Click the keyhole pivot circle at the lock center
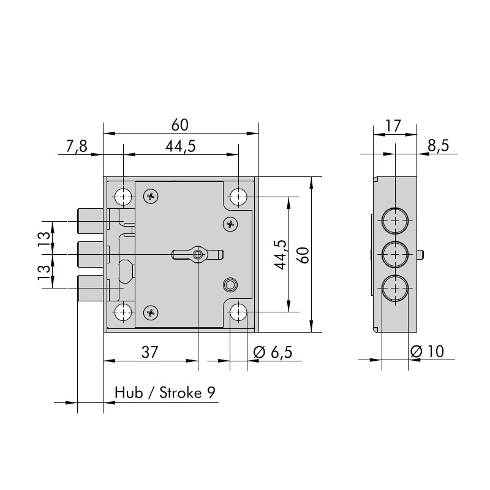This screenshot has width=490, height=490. (198, 255)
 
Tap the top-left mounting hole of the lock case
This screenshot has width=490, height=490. (123, 197)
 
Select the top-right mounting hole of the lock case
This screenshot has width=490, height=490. (238, 197)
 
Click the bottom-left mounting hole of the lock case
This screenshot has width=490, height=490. (123, 312)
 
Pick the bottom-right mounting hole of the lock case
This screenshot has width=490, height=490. (238, 312)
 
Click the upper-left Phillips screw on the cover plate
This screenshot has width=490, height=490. (151, 197)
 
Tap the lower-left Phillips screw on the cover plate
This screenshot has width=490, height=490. (151, 312)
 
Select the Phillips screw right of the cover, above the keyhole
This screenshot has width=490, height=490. (231, 224)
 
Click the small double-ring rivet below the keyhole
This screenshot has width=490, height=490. (230, 285)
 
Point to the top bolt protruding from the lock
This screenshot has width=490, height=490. (90, 221)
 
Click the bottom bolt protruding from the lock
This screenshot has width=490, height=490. (90, 288)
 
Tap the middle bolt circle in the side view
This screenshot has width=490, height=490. (395, 254)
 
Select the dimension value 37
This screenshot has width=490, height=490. (150, 352)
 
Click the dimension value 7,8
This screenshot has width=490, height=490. (77, 146)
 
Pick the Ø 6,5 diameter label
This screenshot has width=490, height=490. (273, 353)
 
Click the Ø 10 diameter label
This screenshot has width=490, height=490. (427, 352)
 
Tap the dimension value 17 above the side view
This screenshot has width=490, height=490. (393, 126)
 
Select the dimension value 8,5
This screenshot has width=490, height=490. (438, 146)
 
